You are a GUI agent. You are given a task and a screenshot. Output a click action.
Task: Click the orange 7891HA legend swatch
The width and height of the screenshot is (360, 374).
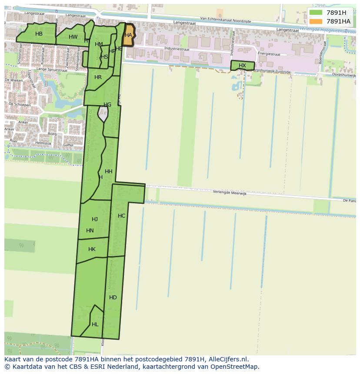coord(316,21)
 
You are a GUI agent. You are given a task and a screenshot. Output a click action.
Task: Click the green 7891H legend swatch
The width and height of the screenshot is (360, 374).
coord(316,13)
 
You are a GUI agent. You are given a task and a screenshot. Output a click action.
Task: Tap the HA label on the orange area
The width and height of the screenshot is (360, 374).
coord(128,35)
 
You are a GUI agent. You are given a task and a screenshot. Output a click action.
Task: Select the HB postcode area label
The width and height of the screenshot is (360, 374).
coord(39,34)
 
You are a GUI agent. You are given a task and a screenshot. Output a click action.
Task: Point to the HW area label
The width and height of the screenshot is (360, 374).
coord(73,37)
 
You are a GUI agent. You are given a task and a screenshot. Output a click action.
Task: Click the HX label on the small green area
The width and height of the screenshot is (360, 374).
coord(242,66)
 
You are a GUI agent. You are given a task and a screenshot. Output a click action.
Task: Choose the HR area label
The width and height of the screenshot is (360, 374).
coord(98,77)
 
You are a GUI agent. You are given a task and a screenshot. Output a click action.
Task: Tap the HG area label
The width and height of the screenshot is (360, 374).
coord(107,105)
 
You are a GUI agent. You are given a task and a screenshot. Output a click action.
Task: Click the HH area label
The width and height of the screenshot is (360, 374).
coord(109,172)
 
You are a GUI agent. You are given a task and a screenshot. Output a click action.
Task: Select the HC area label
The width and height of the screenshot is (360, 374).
coord(121,216)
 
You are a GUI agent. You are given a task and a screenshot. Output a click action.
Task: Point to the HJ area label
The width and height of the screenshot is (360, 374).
coord(95,219)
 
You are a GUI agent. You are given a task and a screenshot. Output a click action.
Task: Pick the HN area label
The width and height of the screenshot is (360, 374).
coord(90,231)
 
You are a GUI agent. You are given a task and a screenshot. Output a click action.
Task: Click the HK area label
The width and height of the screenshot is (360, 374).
coord(92,249)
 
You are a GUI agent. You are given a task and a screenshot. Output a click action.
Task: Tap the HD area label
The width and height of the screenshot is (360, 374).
coord(113,298)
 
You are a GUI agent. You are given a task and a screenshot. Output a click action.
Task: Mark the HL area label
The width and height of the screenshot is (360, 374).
coord(95,324)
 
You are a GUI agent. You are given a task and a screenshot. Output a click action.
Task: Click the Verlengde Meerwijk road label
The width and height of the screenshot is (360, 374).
coord(230,193)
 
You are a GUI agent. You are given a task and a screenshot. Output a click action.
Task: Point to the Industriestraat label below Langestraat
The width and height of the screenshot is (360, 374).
coord(177,49)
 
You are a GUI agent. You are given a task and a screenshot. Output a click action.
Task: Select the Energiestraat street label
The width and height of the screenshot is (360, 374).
coord(268,54)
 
